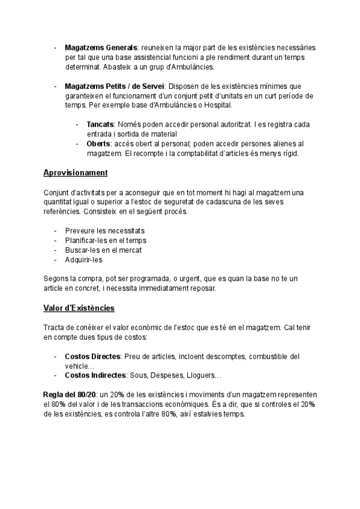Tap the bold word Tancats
pos(101,124)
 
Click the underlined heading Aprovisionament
pos(76,173)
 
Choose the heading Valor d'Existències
pos(79,308)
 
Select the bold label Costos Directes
pos(92,357)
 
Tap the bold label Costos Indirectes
pos(95,376)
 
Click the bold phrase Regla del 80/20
pos(69,395)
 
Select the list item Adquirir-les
pos(84,259)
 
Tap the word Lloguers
pos(206,376)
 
